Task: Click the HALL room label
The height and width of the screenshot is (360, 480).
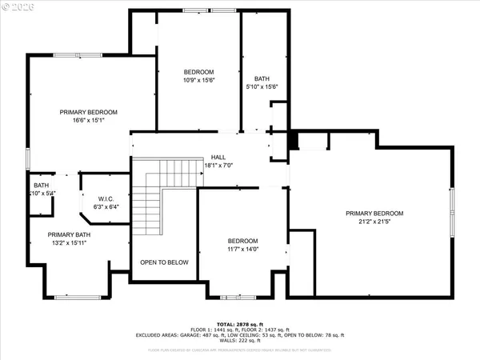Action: coord(218,157)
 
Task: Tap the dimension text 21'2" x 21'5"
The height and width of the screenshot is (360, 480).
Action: coord(374,222)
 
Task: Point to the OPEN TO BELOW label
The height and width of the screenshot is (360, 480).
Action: coord(164,262)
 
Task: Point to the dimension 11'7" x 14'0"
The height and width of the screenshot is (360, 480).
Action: coord(242,250)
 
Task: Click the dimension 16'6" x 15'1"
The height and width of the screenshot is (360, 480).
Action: coord(88,120)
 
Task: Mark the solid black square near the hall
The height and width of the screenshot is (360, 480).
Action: coord(294,141)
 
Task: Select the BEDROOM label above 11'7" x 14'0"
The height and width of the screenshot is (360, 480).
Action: coord(242,241)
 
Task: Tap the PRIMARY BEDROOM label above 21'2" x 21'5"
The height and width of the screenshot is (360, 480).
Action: coord(374,213)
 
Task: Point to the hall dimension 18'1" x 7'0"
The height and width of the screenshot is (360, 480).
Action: coord(218,166)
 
